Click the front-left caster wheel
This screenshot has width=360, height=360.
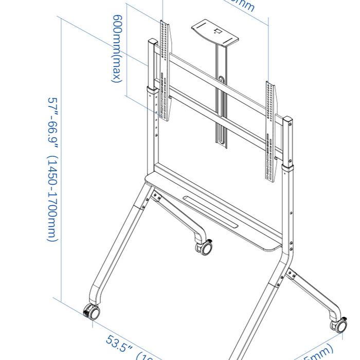click(x=92, y=312)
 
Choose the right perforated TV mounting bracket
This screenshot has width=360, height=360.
click(x=271, y=131)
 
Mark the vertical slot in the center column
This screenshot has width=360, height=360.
click(x=221, y=108)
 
